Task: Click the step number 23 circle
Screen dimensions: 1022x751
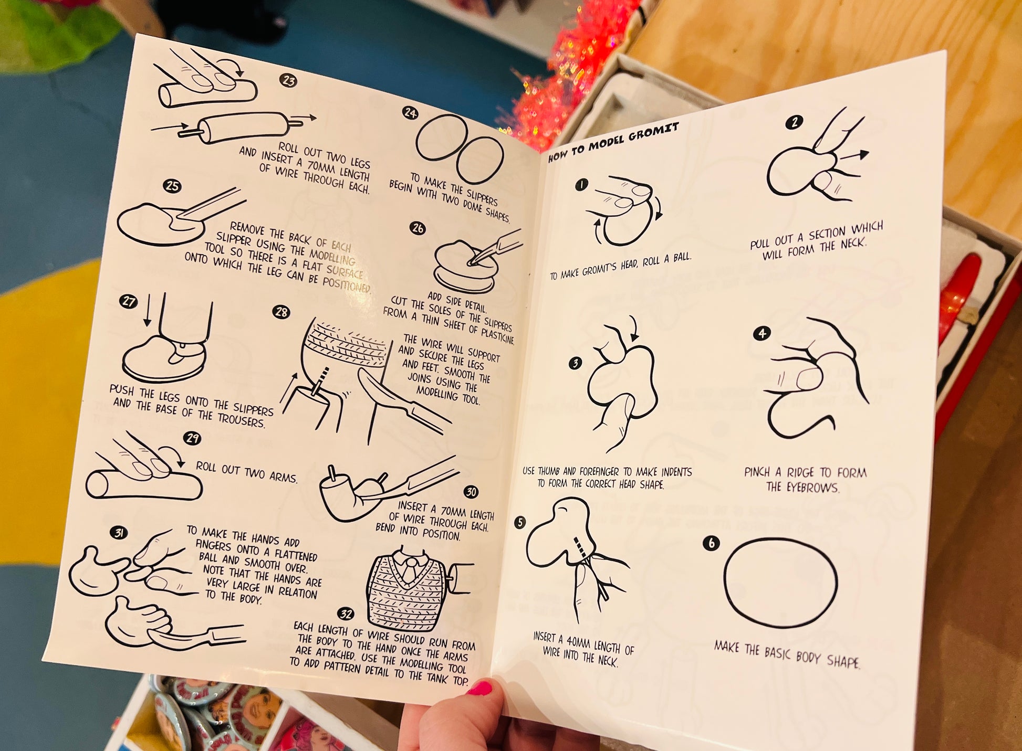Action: (x=288, y=81)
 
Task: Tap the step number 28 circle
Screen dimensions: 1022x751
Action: (x=281, y=312)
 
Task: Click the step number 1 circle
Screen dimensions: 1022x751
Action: (x=581, y=185)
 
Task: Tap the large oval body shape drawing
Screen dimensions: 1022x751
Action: (x=780, y=582)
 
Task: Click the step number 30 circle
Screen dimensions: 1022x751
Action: (x=471, y=492)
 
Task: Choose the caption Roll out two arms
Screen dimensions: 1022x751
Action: (x=247, y=472)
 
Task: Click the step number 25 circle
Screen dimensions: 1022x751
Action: (x=172, y=186)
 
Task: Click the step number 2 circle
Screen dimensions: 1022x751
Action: (x=794, y=123)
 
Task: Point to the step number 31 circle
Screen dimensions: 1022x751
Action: (x=119, y=533)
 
